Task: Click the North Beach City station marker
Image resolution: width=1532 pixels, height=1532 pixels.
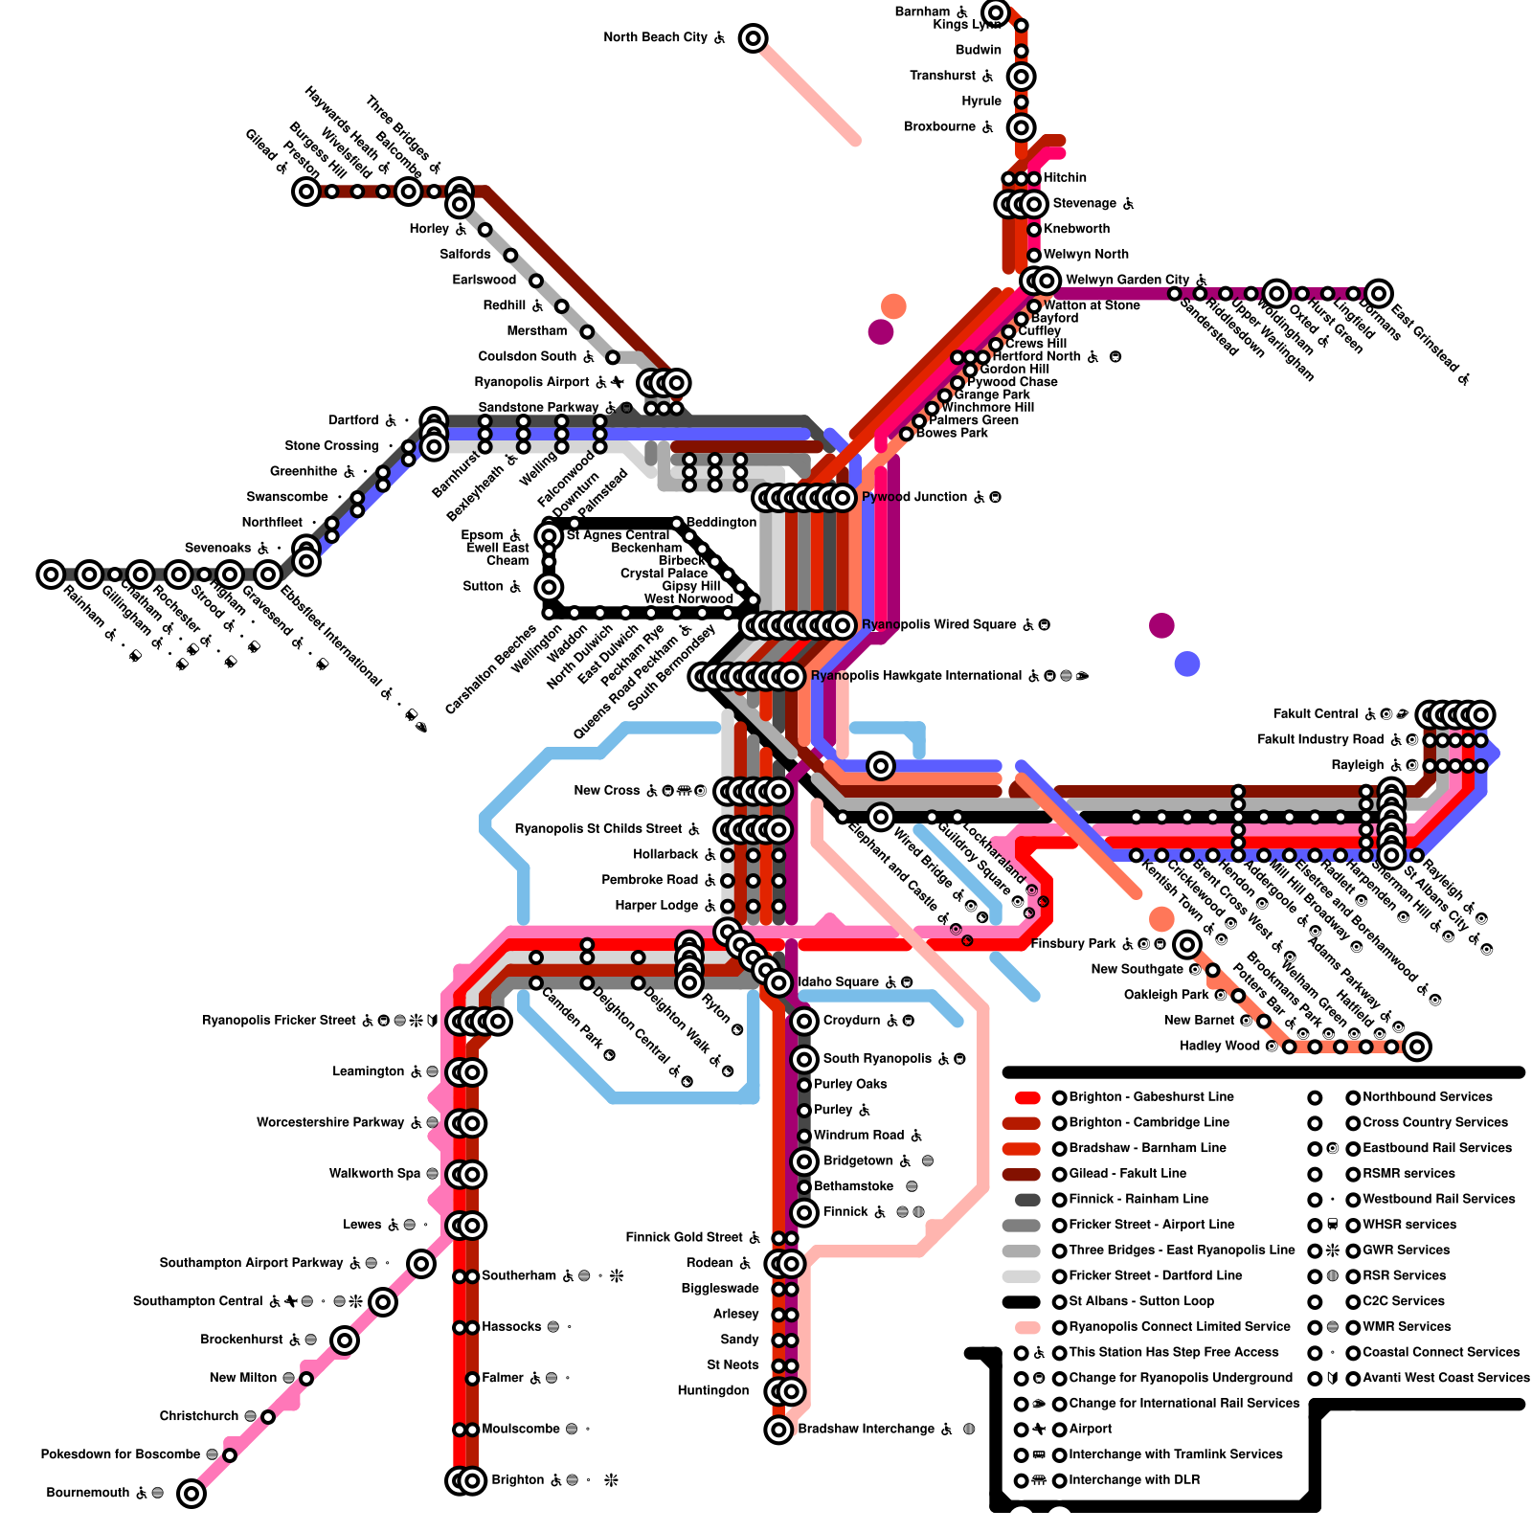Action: click(754, 38)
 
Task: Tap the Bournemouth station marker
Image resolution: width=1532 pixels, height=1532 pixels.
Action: click(191, 1493)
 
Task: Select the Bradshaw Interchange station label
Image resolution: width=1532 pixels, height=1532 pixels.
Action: click(866, 1430)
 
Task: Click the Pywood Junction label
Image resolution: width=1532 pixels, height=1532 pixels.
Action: click(914, 497)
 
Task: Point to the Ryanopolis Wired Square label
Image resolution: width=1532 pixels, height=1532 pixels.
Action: click(939, 625)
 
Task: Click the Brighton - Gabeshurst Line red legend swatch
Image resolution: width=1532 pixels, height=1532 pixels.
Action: click(1027, 1097)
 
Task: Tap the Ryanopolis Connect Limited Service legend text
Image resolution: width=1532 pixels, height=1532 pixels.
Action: click(1180, 1327)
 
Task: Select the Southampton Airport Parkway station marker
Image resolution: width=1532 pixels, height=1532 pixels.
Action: click(421, 1263)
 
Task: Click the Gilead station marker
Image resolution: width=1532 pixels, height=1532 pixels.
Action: click(306, 191)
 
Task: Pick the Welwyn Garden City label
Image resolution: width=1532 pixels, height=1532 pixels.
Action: click(1127, 281)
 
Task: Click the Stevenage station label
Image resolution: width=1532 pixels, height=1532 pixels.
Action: click(1084, 204)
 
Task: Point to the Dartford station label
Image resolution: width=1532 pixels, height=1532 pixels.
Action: click(353, 420)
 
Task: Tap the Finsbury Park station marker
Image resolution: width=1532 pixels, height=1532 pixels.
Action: click(1187, 944)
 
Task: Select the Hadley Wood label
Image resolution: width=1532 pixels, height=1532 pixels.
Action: click(1219, 1046)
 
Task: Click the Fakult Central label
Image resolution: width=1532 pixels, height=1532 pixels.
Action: click(1315, 714)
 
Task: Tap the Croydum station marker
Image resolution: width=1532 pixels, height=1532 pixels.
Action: click(804, 1021)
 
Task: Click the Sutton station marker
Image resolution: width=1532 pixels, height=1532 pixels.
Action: click(549, 586)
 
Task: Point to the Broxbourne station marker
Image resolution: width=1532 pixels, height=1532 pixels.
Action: click(1022, 126)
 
